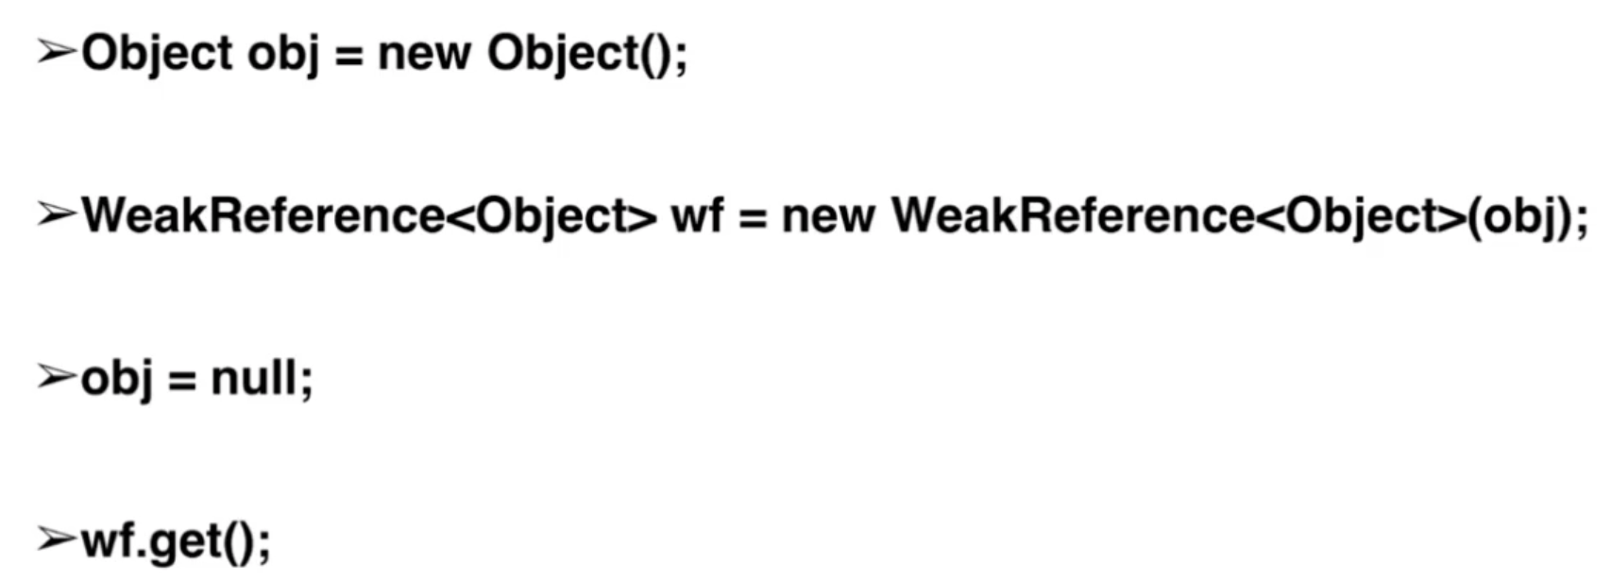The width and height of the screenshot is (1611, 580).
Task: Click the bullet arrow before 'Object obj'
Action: tap(56, 52)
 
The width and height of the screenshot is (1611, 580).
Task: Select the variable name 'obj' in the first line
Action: tap(280, 54)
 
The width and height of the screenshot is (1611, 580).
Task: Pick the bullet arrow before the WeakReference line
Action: tap(56, 215)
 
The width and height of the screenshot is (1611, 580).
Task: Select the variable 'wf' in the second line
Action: tap(697, 216)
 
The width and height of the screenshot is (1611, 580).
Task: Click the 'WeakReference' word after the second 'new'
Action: tap(1072, 216)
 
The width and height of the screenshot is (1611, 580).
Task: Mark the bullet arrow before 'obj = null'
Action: tap(56, 378)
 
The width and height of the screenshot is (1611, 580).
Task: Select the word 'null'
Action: tap(254, 378)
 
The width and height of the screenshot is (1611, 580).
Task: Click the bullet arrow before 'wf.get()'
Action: tap(56, 540)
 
